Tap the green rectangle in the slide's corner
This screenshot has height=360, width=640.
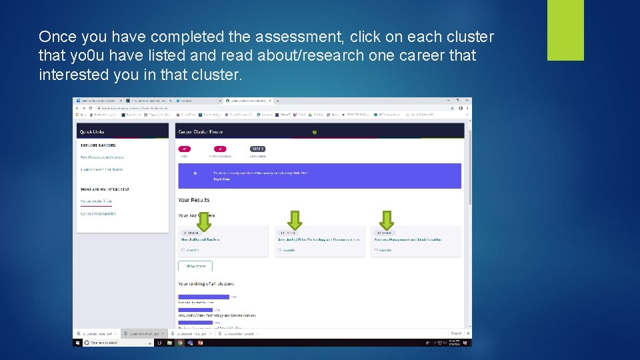pyautogui.click(x=565, y=30)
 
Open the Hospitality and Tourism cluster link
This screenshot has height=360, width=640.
pyautogui.click(x=200, y=239)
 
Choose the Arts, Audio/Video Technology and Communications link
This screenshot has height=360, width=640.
pyautogui.click(x=318, y=239)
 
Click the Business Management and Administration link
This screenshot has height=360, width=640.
pyautogui.click(x=408, y=239)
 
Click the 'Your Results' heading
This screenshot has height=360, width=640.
pyautogui.click(x=193, y=200)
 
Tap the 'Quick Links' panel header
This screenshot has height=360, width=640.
pyautogui.click(x=92, y=131)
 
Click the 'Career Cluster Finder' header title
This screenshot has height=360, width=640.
pyautogui.click(x=200, y=131)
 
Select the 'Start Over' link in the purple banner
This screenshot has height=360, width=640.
pyautogui.click(x=222, y=179)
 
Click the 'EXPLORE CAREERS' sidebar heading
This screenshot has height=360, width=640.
pyautogui.click(x=98, y=145)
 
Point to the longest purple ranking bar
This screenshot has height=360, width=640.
pyautogui.click(x=203, y=297)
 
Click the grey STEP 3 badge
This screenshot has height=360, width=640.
pyautogui.click(x=257, y=149)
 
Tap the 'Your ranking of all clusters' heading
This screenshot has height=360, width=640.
pyautogui.click(x=206, y=284)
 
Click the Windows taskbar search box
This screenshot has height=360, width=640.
pyautogui.click(x=113, y=343)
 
